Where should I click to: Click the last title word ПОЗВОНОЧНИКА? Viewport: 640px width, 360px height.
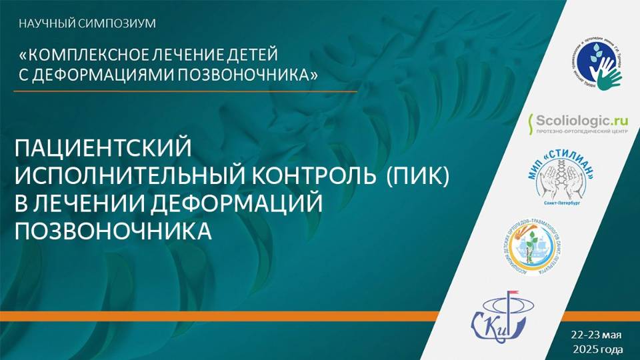click(113, 231)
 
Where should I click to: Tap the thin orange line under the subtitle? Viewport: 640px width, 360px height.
click(187, 90)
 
